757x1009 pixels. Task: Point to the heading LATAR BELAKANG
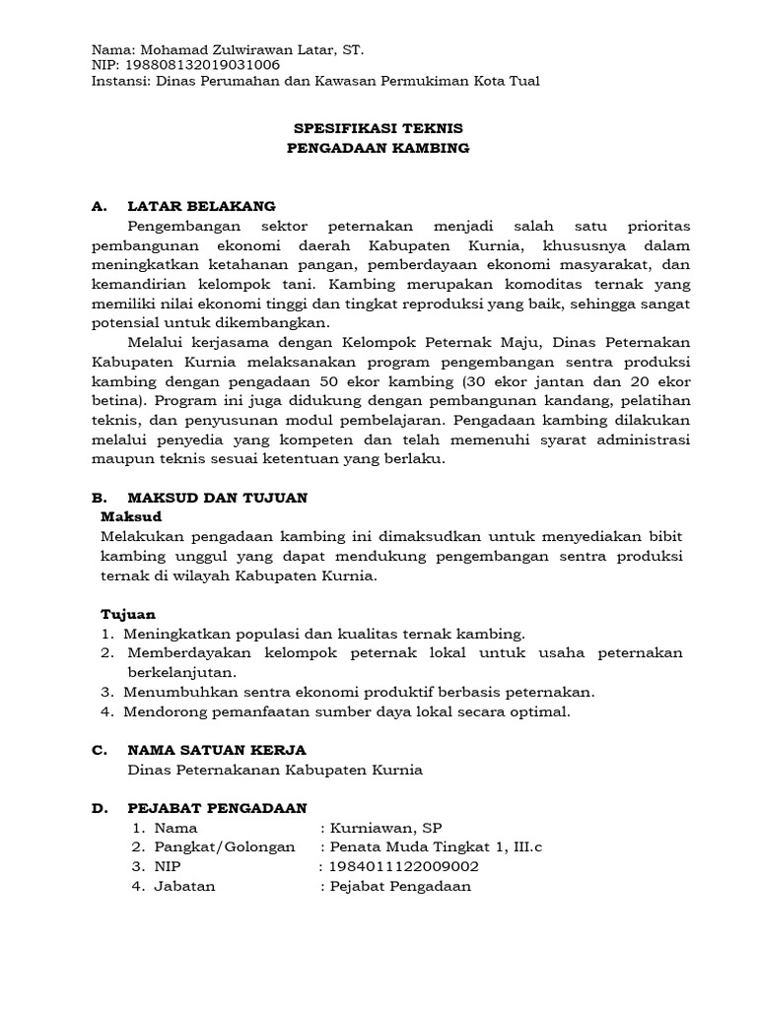[202, 206]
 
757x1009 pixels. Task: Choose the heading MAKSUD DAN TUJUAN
[218, 499]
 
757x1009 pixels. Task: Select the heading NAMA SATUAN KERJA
[217, 750]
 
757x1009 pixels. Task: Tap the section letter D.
[99, 808]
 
